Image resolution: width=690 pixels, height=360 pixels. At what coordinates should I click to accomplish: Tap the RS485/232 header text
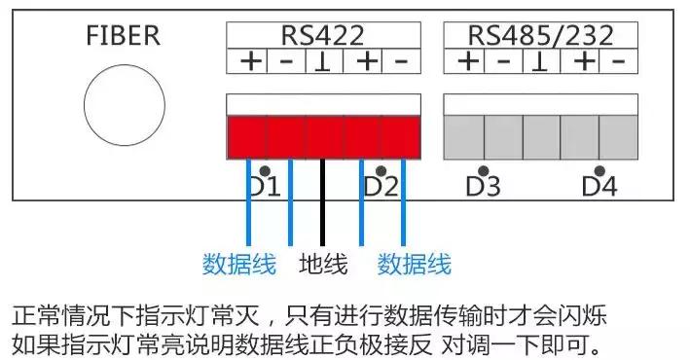coord(541,36)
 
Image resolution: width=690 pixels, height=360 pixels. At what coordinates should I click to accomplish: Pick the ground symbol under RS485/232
coord(541,62)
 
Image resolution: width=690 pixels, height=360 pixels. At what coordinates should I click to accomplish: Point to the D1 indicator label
coord(264,186)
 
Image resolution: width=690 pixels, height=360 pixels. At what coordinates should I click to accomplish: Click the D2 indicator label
coord(381,186)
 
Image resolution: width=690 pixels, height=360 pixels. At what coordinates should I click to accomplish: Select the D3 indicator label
coord(483,186)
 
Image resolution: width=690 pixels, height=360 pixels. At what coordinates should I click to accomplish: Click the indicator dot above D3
coord(484,170)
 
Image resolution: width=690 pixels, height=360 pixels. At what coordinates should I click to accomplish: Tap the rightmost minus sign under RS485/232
coord(617,62)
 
